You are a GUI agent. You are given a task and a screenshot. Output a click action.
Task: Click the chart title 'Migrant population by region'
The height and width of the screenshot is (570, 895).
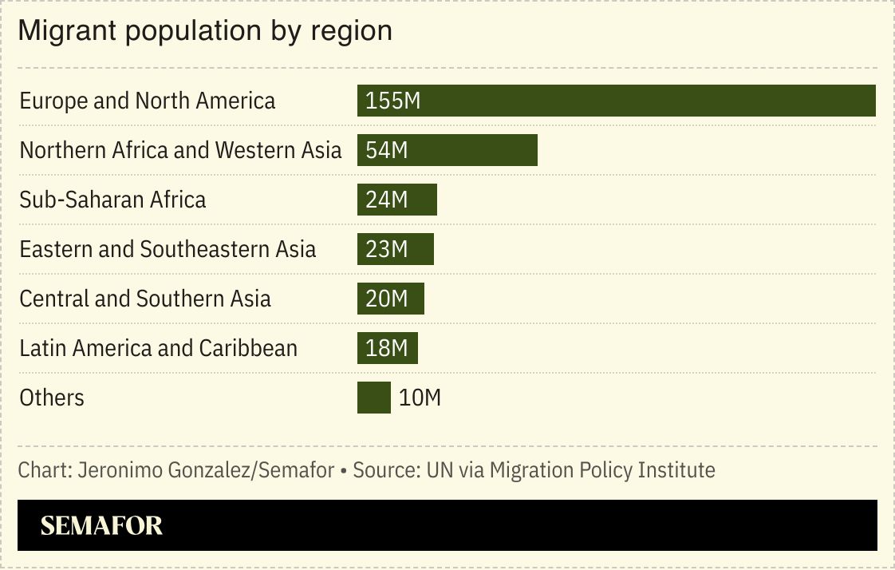[205, 30]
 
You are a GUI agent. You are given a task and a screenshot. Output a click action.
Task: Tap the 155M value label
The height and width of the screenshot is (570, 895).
[392, 101]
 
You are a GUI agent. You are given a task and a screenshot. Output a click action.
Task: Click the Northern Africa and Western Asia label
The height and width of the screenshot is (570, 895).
[180, 150]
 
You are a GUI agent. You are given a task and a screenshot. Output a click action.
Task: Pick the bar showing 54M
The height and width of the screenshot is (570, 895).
[479, 150]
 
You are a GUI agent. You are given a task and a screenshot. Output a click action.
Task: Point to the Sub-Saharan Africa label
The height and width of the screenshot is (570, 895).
[112, 200]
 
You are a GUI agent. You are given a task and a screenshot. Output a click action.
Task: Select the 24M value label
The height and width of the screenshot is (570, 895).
[387, 200]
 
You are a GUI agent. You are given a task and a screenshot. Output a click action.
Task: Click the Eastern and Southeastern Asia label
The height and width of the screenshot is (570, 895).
[168, 249]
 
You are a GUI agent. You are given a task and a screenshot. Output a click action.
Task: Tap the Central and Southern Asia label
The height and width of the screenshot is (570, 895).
[145, 299]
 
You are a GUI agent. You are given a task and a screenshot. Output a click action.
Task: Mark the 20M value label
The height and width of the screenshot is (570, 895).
[387, 299]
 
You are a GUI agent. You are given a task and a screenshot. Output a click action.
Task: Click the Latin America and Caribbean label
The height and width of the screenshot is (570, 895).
[158, 348]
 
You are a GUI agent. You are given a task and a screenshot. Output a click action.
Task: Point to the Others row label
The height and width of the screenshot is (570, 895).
[52, 398]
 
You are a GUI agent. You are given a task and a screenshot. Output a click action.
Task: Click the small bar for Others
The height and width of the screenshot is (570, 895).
[373, 398]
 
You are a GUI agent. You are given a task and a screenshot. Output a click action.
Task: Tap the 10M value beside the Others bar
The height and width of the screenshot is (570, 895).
[420, 398]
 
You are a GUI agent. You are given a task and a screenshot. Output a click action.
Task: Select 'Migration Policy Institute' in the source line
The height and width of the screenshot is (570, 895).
[602, 470]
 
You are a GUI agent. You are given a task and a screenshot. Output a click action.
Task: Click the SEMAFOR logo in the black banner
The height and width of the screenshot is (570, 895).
[101, 525]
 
